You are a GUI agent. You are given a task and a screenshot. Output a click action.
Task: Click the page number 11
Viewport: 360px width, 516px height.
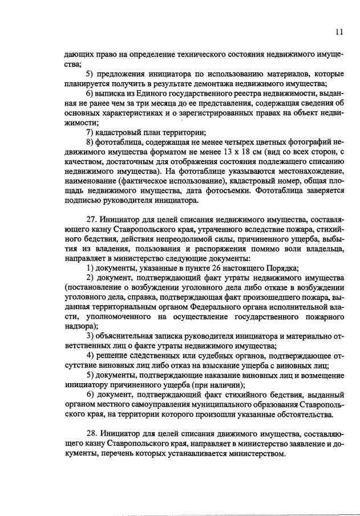(x=339, y=32)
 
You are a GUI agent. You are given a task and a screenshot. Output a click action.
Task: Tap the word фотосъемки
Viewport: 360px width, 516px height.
(x=232, y=190)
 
